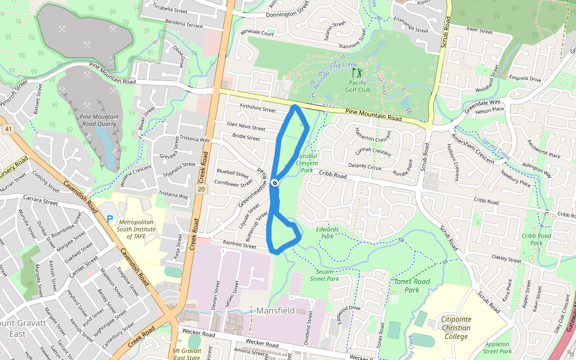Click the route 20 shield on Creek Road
tap(200, 189)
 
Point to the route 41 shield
tap(8, 129)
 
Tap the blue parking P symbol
tap(109, 220)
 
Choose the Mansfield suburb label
tap(275, 311)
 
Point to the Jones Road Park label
tap(412, 285)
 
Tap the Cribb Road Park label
tap(536, 239)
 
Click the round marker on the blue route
tap(274, 182)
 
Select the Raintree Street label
tap(239, 244)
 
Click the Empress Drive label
tap(524, 79)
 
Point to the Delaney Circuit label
tap(365, 166)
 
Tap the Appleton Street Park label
tap(497, 347)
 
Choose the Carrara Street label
tap(39, 197)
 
